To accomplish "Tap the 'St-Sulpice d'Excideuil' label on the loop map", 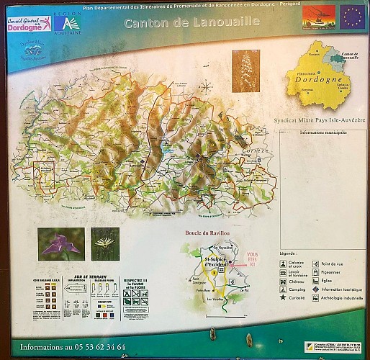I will (x=215, y=263).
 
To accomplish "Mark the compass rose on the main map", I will (x=206, y=88).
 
